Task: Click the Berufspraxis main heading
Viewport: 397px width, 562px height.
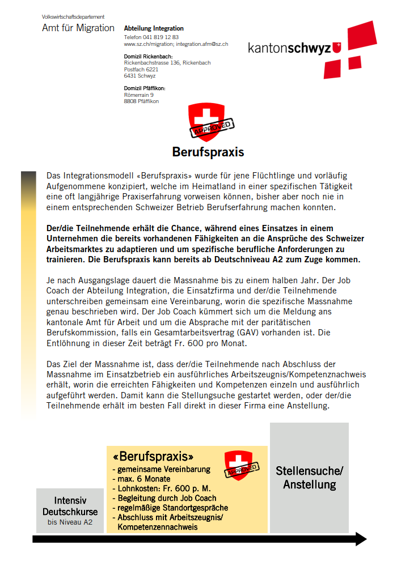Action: tap(208, 152)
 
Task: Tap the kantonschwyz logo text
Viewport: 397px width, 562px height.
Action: tap(289, 49)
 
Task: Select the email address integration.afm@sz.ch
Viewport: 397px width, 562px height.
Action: tap(202, 44)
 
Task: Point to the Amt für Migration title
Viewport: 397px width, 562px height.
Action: tap(78, 28)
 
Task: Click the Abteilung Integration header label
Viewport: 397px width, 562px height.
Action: tap(154, 28)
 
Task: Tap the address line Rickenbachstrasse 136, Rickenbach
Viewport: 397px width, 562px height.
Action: tap(167, 63)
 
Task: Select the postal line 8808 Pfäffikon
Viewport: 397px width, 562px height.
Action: tap(141, 101)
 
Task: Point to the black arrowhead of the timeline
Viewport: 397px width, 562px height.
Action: tap(361, 539)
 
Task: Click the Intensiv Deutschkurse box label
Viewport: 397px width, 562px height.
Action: tap(70, 506)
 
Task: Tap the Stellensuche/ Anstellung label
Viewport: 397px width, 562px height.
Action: tap(309, 478)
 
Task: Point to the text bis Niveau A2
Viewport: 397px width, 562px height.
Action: tap(70, 522)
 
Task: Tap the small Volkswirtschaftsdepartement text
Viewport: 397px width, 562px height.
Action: tap(73, 17)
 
